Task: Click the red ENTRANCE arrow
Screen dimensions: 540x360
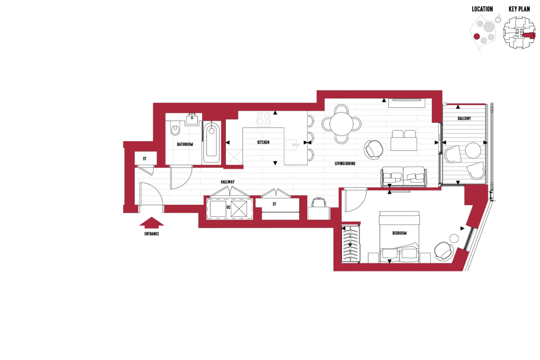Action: (x=152, y=222)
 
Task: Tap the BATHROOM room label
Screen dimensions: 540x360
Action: (x=185, y=144)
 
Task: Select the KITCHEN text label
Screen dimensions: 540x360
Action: (x=263, y=142)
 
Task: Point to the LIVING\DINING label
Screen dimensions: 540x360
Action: (x=345, y=163)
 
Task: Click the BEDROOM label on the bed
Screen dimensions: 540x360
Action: (x=400, y=233)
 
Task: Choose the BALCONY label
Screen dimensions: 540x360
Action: (x=464, y=118)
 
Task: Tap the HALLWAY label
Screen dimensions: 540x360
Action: (x=228, y=182)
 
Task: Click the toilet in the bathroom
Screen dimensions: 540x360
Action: (x=175, y=128)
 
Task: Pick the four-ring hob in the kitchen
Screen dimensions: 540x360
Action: (x=264, y=119)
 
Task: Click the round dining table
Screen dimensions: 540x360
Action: (x=341, y=124)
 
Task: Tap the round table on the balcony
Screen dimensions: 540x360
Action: (x=473, y=150)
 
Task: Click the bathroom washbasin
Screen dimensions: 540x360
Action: (x=192, y=120)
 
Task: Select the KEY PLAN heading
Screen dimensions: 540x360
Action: (x=519, y=9)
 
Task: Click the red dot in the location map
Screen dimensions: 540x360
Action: (x=477, y=36)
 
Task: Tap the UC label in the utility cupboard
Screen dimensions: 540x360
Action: (x=228, y=207)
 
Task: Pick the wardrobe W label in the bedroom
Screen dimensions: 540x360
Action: (x=350, y=245)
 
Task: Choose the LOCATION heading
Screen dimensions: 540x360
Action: (x=482, y=9)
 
